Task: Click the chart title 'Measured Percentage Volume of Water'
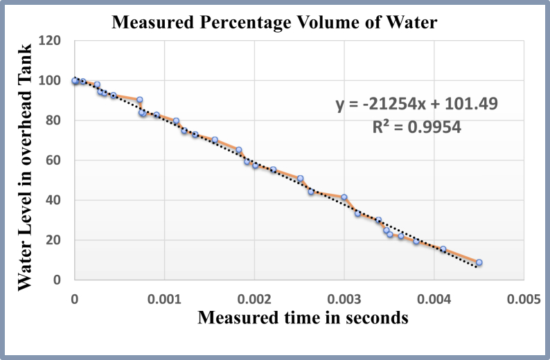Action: (x=275, y=22)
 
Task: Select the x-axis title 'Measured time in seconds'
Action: (x=302, y=318)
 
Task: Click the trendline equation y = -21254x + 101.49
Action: (x=416, y=105)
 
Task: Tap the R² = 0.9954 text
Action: (x=416, y=127)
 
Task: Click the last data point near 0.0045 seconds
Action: (x=479, y=263)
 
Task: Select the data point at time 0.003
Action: (x=344, y=197)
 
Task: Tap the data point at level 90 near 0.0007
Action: (x=139, y=100)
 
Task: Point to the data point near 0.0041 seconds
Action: (x=443, y=249)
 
